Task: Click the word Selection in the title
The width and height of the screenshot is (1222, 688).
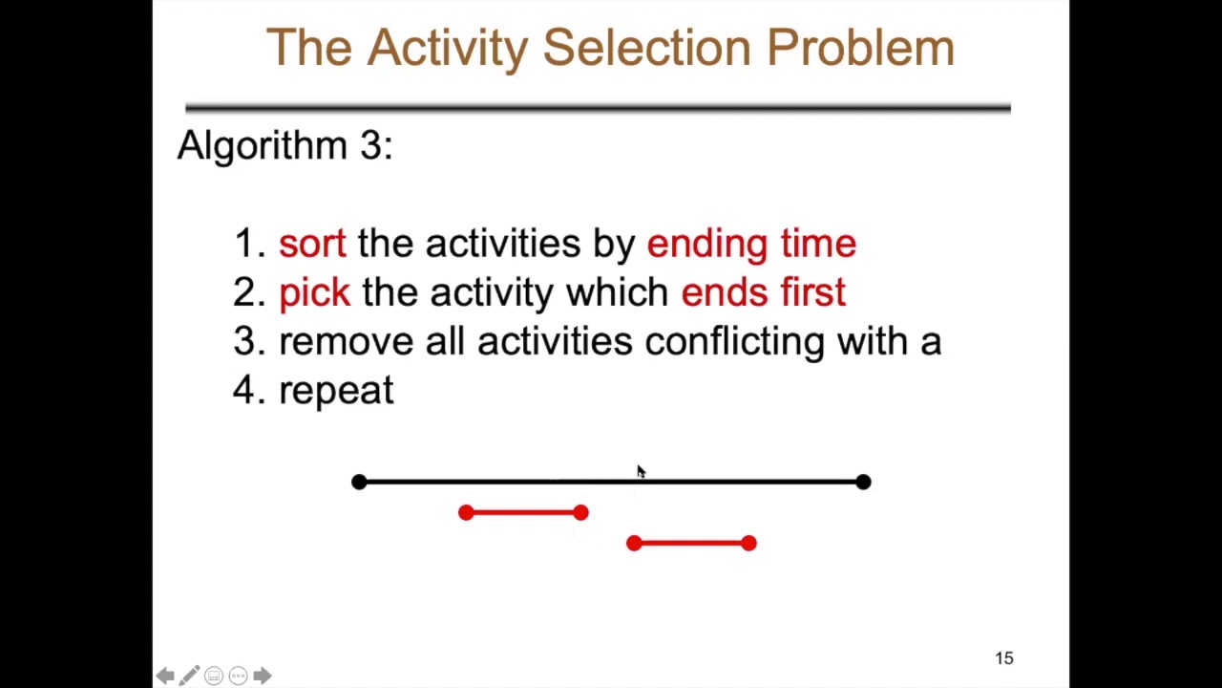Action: click(647, 48)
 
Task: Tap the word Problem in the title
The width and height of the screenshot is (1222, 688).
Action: click(860, 48)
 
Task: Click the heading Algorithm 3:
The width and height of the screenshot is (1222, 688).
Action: click(284, 145)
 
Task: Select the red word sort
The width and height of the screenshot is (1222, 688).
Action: click(312, 244)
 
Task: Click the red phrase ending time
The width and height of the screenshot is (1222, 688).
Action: click(751, 244)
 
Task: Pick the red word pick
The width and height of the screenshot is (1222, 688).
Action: click(314, 292)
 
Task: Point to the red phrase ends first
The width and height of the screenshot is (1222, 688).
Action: click(763, 292)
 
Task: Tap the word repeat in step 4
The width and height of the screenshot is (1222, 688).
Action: click(336, 391)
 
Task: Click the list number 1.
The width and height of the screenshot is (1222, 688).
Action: click(245, 244)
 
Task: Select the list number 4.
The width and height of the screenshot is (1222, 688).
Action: click(245, 391)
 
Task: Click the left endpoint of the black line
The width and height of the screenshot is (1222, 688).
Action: click(359, 483)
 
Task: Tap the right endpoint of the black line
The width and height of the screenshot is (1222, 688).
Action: click(863, 483)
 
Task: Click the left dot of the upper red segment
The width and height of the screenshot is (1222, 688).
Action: click(466, 513)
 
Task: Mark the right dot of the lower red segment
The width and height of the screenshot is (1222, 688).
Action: click(748, 544)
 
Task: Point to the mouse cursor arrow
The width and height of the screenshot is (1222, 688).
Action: click(640, 471)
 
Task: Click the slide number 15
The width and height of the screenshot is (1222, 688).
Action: click(1003, 658)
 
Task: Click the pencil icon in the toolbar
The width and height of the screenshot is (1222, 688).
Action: click(189, 677)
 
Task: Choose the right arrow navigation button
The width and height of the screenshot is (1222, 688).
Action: click(262, 677)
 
